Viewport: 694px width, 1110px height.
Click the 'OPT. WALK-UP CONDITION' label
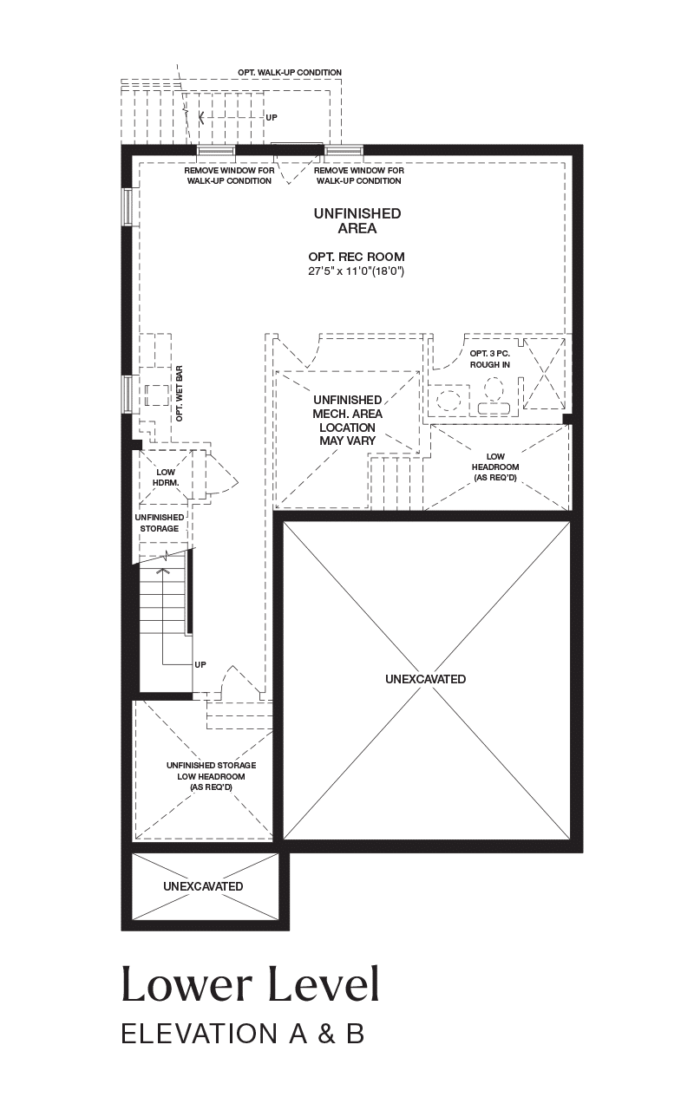pos(290,72)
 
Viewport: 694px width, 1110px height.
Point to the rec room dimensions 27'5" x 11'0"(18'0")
pos(357,271)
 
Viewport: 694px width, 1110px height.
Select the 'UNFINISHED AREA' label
pos(357,221)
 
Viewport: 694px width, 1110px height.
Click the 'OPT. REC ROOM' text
pos(357,257)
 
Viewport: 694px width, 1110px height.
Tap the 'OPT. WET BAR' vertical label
pos(180,394)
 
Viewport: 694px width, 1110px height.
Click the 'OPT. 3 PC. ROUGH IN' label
pos(490,359)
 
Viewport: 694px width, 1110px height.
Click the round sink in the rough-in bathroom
pos(450,400)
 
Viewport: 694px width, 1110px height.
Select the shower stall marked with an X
pos(544,374)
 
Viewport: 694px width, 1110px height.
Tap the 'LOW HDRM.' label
pos(166,477)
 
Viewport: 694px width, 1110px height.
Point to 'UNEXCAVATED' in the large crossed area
pos(425,679)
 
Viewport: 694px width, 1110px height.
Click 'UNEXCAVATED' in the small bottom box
pos(203,886)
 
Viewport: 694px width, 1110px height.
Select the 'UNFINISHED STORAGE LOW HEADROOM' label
pos(211,776)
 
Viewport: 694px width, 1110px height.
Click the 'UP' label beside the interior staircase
pos(200,664)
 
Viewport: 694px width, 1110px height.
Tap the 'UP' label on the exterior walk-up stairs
pos(272,117)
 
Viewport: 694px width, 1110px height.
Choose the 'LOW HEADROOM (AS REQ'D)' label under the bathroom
pos(495,467)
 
